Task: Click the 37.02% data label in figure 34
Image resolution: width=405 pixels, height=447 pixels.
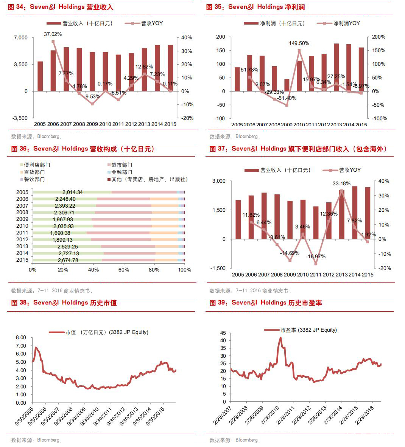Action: pos(53,34)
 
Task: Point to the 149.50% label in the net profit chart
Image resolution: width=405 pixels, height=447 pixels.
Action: pos(299,43)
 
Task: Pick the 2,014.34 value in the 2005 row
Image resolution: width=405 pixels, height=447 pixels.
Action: pos(72,192)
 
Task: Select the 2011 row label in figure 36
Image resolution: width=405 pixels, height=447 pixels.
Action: pos(22,233)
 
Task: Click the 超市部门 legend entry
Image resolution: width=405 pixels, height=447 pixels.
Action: pos(121,165)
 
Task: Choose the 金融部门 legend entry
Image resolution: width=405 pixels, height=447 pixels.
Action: pos(121,172)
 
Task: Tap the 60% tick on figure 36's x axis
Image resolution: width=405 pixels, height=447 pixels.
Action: pos(124,270)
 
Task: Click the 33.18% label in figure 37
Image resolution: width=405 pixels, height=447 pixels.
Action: pos(341,183)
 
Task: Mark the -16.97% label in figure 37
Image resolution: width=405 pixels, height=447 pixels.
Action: pos(316,256)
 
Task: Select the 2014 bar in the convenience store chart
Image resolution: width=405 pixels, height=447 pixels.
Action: pos(355,213)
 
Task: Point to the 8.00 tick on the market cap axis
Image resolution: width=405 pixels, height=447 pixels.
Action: pos(21,337)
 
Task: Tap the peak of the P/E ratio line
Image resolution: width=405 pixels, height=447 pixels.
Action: pos(281,338)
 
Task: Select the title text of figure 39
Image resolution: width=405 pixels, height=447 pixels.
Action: pos(265,303)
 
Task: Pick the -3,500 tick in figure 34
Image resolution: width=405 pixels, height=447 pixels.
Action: pos(20,118)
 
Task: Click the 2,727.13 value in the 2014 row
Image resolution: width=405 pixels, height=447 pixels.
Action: pos(68,253)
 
